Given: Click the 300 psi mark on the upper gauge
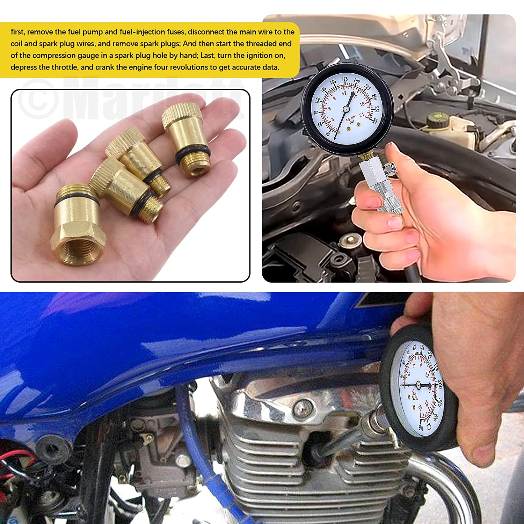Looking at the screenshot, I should (x=375, y=121).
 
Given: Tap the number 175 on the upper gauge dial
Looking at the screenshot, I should (x=344, y=79).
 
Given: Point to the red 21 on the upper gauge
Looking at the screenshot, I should (x=362, y=115).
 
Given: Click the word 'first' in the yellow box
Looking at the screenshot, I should (x=17, y=32).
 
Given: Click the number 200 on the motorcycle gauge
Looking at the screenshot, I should (x=440, y=384).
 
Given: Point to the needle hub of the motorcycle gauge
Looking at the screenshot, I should (x=418, y=385).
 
